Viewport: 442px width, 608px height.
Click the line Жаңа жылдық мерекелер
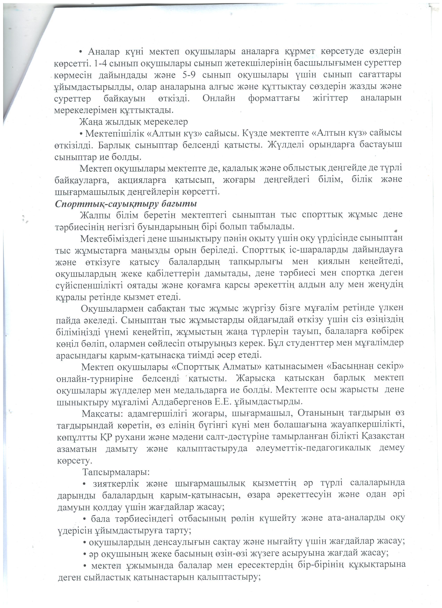pos(133,122)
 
